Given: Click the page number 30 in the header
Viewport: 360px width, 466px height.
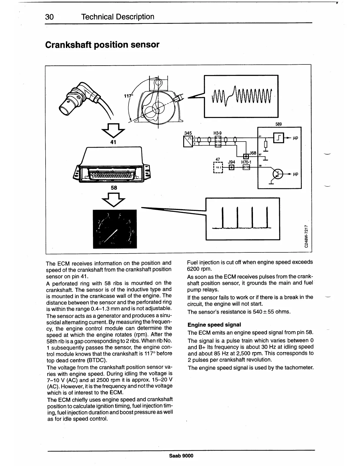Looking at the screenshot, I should click(x=49, y=17).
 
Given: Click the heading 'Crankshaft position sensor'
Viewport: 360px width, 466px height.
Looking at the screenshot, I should click(x=102, y=45).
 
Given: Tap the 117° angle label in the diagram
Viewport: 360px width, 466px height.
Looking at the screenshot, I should click(x=128, y=96).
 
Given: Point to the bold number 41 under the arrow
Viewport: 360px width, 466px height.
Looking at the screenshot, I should click(x=113, y=142).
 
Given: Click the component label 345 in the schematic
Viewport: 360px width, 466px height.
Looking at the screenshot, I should click(x=188, y=133).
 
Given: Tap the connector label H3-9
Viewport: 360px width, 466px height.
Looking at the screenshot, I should click(x=218, y=133).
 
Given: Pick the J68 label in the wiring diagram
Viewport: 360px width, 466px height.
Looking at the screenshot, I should click(x=253, y=153).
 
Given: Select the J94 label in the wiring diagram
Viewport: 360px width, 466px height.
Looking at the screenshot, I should click(x=231, y=162).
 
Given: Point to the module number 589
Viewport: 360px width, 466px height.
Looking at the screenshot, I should click(x=279, y=124).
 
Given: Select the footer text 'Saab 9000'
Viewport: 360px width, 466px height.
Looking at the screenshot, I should click(x=181, y=456).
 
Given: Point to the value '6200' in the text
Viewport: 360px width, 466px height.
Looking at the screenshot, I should click(x=193, y=269).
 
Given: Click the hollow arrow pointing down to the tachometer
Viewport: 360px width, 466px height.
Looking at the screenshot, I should click(x=113, y=199).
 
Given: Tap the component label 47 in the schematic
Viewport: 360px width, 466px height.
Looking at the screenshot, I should click(x=218, y=159).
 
